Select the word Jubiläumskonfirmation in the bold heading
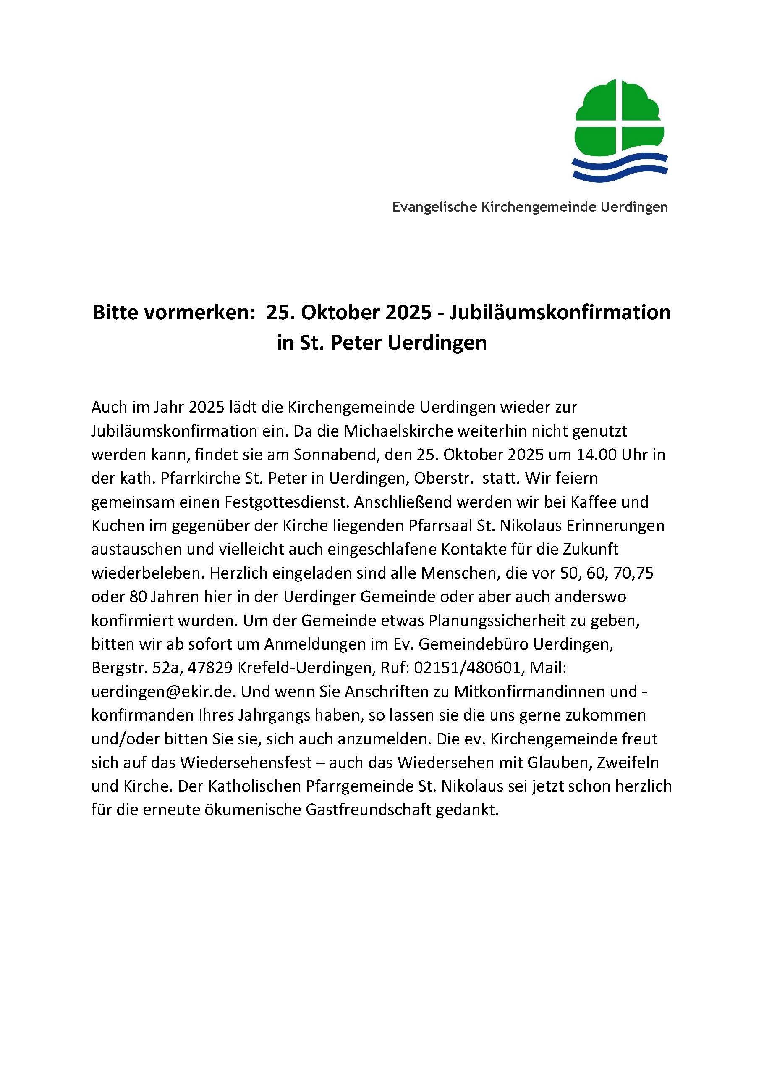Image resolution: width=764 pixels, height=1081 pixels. click(x=560, y=313)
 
